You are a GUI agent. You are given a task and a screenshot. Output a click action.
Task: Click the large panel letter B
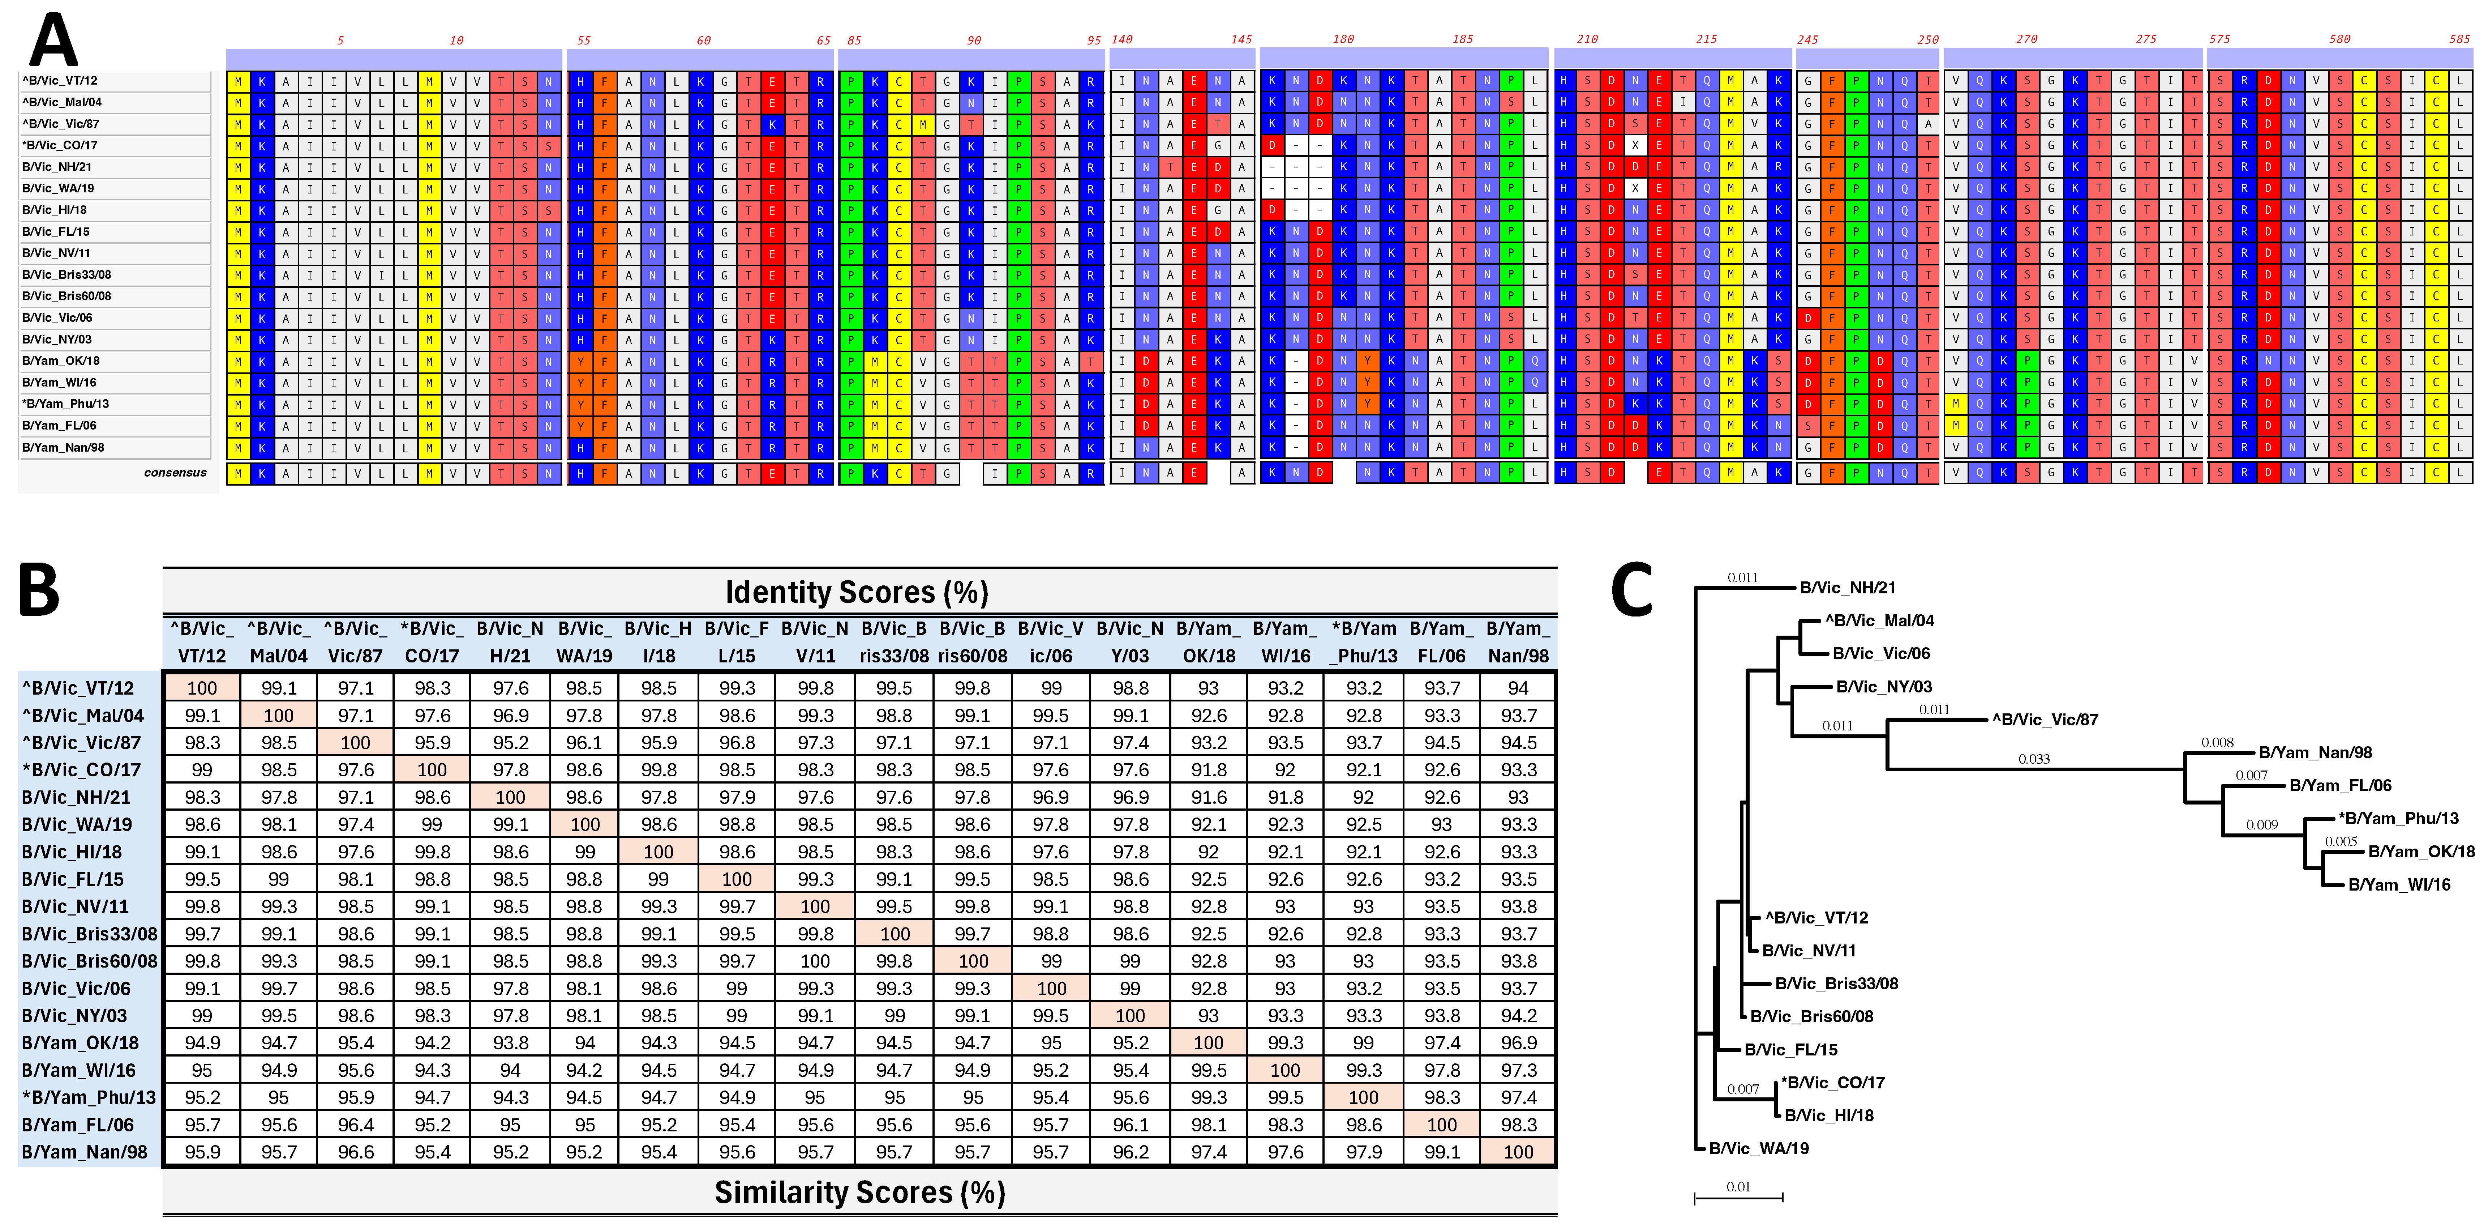click(x=40, y=590)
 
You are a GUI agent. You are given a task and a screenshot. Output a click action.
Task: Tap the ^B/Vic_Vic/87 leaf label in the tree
click(x=2045, y=720)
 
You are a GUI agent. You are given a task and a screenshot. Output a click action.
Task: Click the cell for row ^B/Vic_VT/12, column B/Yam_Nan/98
click(x=1517, y=688)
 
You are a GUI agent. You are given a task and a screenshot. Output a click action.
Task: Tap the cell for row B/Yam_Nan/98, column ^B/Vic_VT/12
click(x=202, y=1152)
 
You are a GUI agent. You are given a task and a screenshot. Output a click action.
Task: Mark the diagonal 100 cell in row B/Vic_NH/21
click(x=510, y=797)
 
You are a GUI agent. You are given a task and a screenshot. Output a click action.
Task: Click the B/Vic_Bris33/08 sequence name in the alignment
click(x=67, y=274)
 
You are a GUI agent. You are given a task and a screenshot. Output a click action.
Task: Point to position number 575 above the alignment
click(x=2219, y=40)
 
